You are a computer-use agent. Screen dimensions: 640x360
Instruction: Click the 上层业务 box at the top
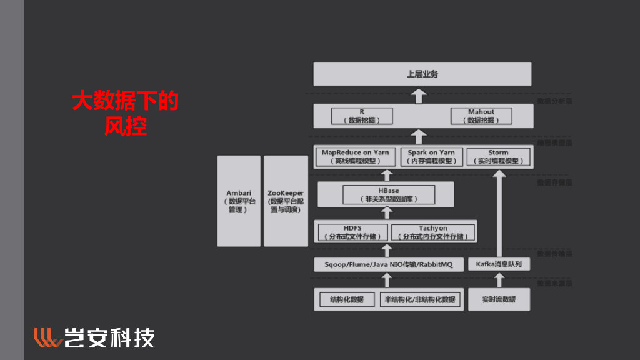point(422,74)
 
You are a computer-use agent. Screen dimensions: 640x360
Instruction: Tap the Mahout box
point(481,116)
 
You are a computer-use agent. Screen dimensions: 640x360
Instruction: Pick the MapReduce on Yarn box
point(355,156)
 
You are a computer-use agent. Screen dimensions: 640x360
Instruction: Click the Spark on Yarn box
point(431,156)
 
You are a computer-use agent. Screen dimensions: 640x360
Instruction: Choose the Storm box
point(498,156)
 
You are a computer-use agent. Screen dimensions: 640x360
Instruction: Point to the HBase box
point(388,195)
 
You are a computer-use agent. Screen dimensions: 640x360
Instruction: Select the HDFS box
point(352,232)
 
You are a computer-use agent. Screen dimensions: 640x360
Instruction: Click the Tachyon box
point(432,232)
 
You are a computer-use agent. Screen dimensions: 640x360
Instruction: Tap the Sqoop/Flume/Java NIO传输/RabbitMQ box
point(388,264)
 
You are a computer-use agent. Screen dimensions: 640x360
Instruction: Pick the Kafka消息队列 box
point(499,264)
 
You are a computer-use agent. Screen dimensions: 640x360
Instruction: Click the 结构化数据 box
point(346,299)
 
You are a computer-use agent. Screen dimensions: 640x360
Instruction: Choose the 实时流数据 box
point(499,299)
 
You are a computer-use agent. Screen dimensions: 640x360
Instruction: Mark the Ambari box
point(239,201)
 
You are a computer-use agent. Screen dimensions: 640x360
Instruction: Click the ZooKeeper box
point(286,201)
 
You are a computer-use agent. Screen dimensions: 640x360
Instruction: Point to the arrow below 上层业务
point(420,96)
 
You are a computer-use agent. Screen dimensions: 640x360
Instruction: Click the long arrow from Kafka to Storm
point(499,212)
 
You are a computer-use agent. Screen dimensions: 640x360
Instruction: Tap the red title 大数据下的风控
point(125,113)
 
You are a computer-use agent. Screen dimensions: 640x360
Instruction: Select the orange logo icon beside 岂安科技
point(47,337)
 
